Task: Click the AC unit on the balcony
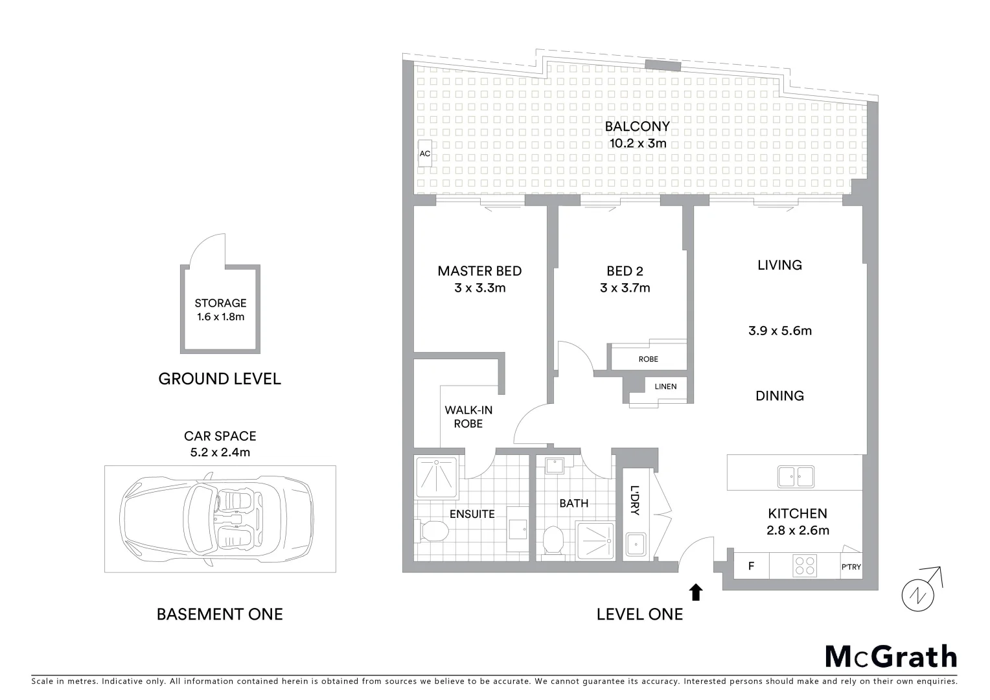pyautogui.click(x=425, y=154)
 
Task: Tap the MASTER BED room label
pyautogui.click(x=479, y=271)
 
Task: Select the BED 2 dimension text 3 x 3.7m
pyautogui.click(x=625, y=288)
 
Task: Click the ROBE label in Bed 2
pyautogui.click(x=648, y=359)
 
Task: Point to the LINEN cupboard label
pyautogui.click(x=665, y=387)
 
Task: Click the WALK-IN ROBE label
pyautogui.click(x=468, y=417)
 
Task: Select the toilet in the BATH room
pyautogui.click(x=553, y=540)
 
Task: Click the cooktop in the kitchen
pyautogui.click(x=805, y=566)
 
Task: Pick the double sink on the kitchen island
pyautogui.click(x=796, y=476)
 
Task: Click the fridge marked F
pyautogui.click(x=751, y=566)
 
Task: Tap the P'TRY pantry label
pyautogui.click(x=851, y=567)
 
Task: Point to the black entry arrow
pyautogui.click(x=696, y=592)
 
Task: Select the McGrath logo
pyautogui.click(x=890, y=656)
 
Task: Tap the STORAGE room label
pyautogui.click(x=220, y=303)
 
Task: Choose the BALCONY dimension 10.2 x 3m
pyautogui.click(x=638, y=143)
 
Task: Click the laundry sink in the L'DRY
pyautogui.click(x=635, y=544)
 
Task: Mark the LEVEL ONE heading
pyautogui.click(x=639, y=614)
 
